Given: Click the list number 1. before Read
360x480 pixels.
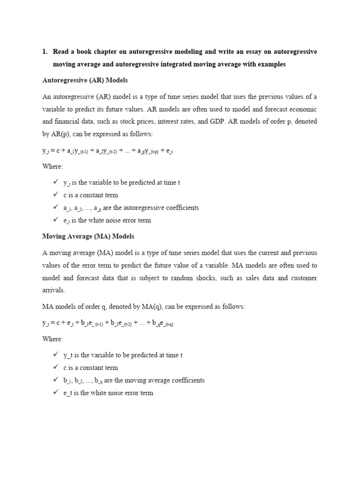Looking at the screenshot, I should [45, 52].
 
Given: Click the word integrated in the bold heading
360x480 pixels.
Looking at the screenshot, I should [180, 64].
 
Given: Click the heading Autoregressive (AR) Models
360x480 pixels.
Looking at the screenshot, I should [85, 80].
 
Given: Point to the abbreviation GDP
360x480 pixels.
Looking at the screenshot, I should [252, 121].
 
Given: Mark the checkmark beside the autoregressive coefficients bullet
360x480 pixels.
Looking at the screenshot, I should [56, 207].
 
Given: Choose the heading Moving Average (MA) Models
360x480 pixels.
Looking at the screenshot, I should [88, 236].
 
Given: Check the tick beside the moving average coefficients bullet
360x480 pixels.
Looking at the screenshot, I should [56, 380].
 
